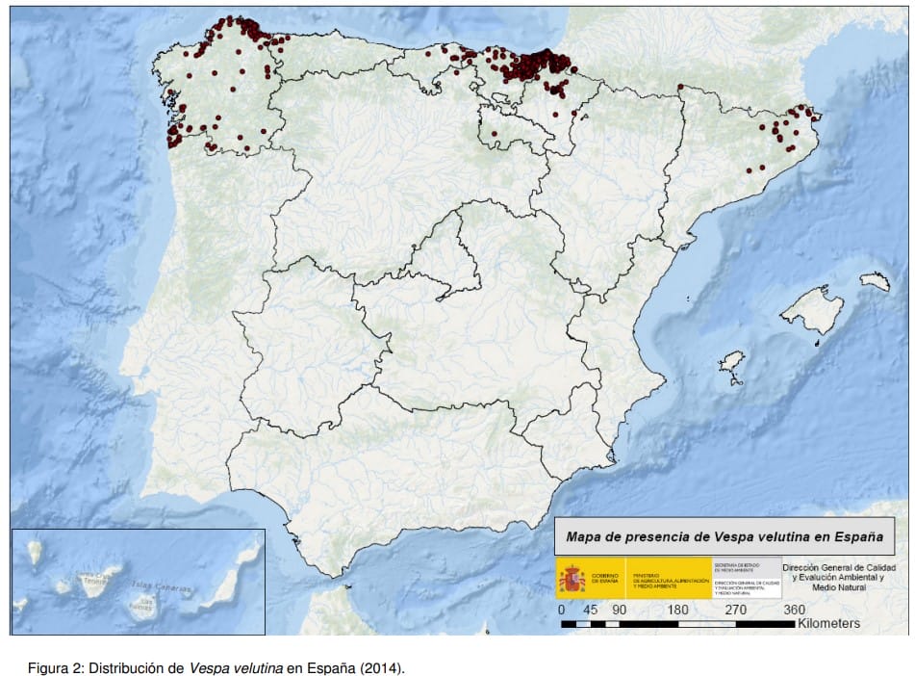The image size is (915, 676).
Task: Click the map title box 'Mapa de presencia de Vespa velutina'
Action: (x=724, y=536)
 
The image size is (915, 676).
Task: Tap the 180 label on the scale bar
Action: (x=678, y=610)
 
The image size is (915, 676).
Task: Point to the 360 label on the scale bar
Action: (x=795, y=610)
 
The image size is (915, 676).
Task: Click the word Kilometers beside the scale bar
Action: (x=828, y=624)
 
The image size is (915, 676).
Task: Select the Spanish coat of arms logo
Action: (x=572, y=579)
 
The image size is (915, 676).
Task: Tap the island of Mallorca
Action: (x=813, y=310)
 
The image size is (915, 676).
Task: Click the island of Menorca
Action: (x=876, y=281)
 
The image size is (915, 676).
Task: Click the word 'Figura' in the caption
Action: (x=46, y=667)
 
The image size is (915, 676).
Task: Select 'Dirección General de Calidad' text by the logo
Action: (x=840, y=568)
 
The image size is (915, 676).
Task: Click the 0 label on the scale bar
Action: (x=562, y=610)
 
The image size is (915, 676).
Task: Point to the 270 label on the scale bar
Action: (x=736, y=610)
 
